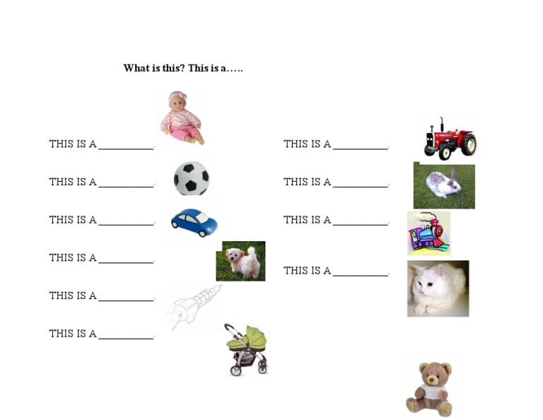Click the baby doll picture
pos(182,117)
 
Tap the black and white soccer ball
pos(192,178)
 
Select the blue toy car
pos(194,221)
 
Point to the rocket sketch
pos(194,305)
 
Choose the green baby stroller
pos(247,349)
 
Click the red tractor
pos(450,139)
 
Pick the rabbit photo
pos(444,186)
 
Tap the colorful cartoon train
pos(428,233)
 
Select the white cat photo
pos(438,288)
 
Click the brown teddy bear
pos(429,388)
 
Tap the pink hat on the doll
pos(177,97)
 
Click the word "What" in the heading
pos(136,69)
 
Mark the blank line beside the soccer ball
pos(126,187)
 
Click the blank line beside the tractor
pos(361,148)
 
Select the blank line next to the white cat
pos(361,275)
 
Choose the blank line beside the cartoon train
pos(361,225)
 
